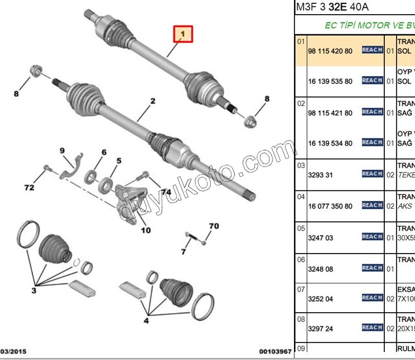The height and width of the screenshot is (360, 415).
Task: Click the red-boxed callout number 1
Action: pyautogui.click(x=184, y=34)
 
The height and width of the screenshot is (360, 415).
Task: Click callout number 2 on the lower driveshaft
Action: pyautogui.click(x=153, y=101)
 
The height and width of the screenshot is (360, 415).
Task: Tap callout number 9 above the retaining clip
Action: pyautogui.click(x=62, y=150)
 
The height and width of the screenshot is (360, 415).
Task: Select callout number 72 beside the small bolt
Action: pyautogui.click(x=29, y=187)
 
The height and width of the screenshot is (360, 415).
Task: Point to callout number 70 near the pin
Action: pyautogui.click(x=214, y=226)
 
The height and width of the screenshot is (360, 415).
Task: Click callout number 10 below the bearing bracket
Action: pyautogui.click(x=145, y=230)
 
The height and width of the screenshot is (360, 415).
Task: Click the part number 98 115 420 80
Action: pyautogui.click(x=330, y=51)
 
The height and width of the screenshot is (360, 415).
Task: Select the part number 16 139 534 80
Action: pyautogui.click(x=330, y=143)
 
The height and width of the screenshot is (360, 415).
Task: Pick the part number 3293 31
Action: pyautogui.click(x=320, y=174)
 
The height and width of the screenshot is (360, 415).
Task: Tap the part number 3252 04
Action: pyautogui.click(x=320, y=298)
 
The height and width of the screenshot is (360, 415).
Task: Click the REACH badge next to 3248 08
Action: pyautogui.click(x=372, y=268)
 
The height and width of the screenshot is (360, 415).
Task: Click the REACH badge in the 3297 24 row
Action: pyautogui.click(x=372, y=327)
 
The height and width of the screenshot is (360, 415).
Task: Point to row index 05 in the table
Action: pyautogui.click(x=301, y=228)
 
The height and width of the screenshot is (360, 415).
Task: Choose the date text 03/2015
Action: pyautogui.click(x=14, y=351)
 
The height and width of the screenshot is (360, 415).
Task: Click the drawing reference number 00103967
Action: pyautogui.click(x=275, y=351)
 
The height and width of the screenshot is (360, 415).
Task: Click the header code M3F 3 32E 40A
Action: pyautogui.click(x=332, y=7)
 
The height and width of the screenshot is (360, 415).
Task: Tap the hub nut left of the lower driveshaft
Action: pyautogui.click(x=36, y=71)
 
